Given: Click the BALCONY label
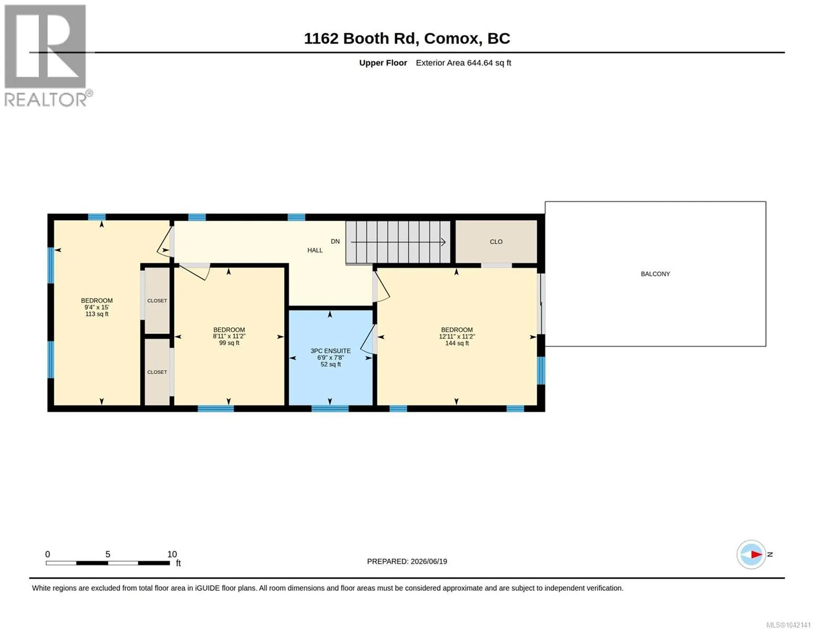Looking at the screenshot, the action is coord(655,274).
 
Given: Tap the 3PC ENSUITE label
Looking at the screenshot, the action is coord(330,351).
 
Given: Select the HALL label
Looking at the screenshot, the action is coord(315,250).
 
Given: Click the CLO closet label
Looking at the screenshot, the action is coord(496,242).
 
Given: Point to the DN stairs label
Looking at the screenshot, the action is coord(335,242).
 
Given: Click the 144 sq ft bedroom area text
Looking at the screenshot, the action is coord(457,343).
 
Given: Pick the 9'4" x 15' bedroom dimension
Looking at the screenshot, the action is coord(96,307).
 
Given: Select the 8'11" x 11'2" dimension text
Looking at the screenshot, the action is coord(229,337).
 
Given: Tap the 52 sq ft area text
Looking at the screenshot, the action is coord(331,364).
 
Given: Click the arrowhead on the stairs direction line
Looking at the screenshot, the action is coord(443,242).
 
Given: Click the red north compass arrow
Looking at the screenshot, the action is coord(756,554).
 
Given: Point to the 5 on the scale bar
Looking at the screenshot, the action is coord(108,554).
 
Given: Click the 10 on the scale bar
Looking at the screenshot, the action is coord(172,554).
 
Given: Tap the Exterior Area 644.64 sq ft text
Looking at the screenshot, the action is coord(463,63).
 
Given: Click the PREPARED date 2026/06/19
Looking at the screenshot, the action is coord(429,561).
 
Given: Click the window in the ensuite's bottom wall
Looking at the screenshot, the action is coord(330,409).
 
